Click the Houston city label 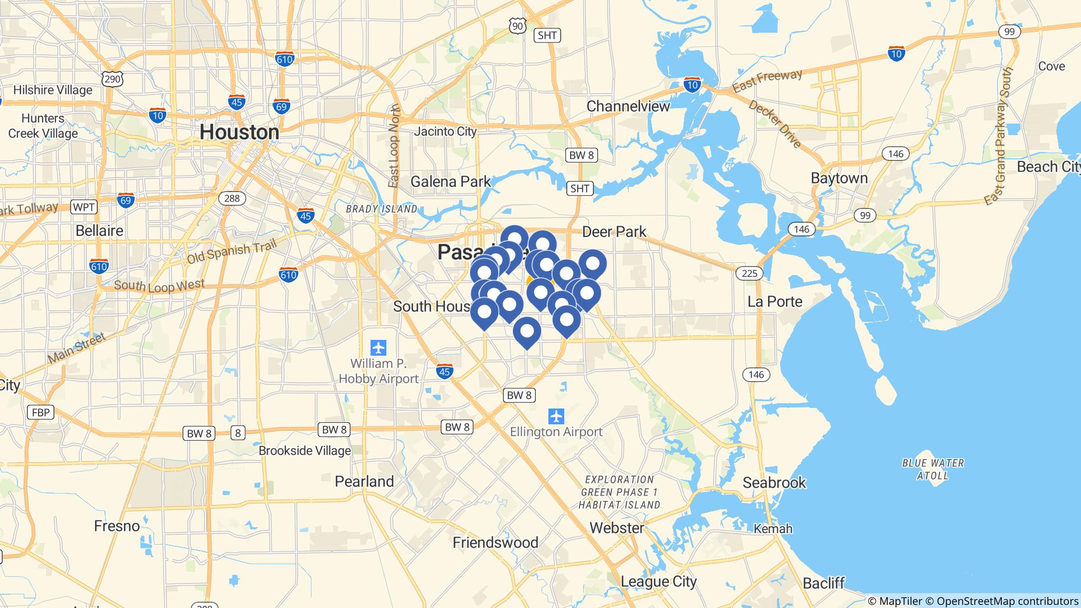click(x=239, y=132)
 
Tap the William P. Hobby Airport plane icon click(x=378, y=348)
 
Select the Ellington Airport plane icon click(x=556, y=416)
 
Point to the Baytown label click(x=839, y=178)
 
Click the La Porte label click(x=775, y=301)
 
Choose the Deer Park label click(x=614, y=231)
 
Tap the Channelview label click(x=628, y=106)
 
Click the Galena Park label click(x=451, y=182)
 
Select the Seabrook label click(x=774, y=482)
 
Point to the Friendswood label click(x=495, y=542)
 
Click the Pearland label click(x=364, y=481)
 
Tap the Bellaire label click(x=99, y=231)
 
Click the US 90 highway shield click(x=518, y=25)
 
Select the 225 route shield click(x=749, y=273)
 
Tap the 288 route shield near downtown click(x=232, y=198)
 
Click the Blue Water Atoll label click(x=933, y=469)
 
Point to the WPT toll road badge click(x=83, y=207)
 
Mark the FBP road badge click(x=41, y=412)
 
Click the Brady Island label click(x=381, y=209)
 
